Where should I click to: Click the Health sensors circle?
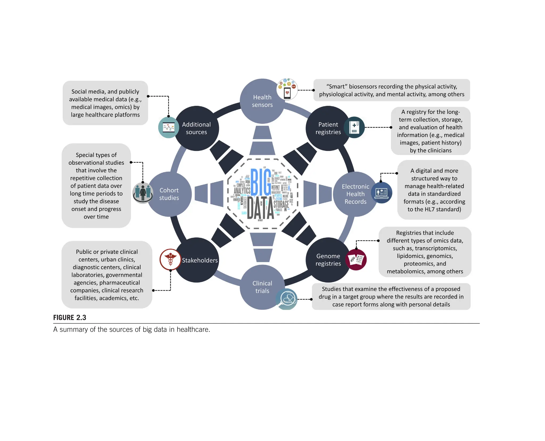pyautogui.click(x=262, y=101)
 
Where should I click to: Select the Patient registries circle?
pyautogui.click(x=328, y=128)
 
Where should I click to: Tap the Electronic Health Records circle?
pyautogui.click(x=355, y=194)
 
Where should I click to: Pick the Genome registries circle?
pyautogui.click(x=328, y=260)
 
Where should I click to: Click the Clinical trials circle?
pyautogui.click(x=262, y=287)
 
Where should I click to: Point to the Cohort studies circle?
pyautogui.click(x=169, y=194)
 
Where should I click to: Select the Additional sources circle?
pyautogui.click(x=196, y=128)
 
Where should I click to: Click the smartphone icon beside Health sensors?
pyautogui.click(x=287, y=90)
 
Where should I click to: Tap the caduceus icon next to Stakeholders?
pyautogui.click(x=170, y=259)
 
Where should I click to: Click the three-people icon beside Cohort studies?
pyautogui.click(x=143, y=193)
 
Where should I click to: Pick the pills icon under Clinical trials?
pyautogui.click(x=287, y=299)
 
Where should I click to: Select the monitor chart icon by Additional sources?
pyautogui.click(x=168, y=128)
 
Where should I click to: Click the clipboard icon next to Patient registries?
pyautogui.click(x=354, y=128)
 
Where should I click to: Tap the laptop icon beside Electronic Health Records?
pyautogui.click(x=381, y=193)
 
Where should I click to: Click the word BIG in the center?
pyautogui.click(x=261, y=182)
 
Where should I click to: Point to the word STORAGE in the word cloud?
pyautogui.click(x=281, y=204)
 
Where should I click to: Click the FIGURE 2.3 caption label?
pyautogui.click(x=70, y=317)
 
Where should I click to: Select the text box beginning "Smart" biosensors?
pyautogui.click(x=391, y=90)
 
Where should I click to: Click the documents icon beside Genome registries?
pyautogui.click(x=356, y=260)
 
